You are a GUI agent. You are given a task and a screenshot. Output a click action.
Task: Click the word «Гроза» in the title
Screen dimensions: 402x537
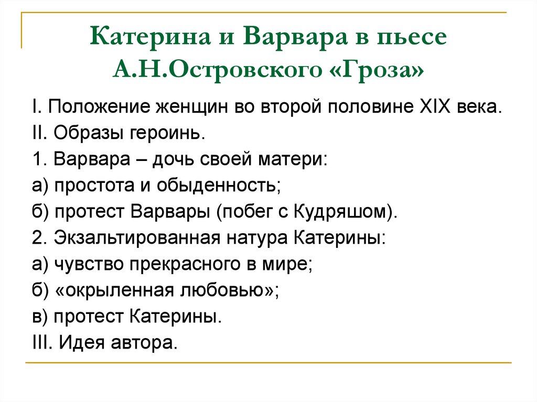(381, 69)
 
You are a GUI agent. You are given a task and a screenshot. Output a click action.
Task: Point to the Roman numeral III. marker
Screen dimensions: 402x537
(41, 343)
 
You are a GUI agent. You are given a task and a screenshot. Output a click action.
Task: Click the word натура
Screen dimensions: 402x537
(257, 237)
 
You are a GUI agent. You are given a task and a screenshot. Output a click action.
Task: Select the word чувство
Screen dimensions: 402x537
(85, 264)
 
